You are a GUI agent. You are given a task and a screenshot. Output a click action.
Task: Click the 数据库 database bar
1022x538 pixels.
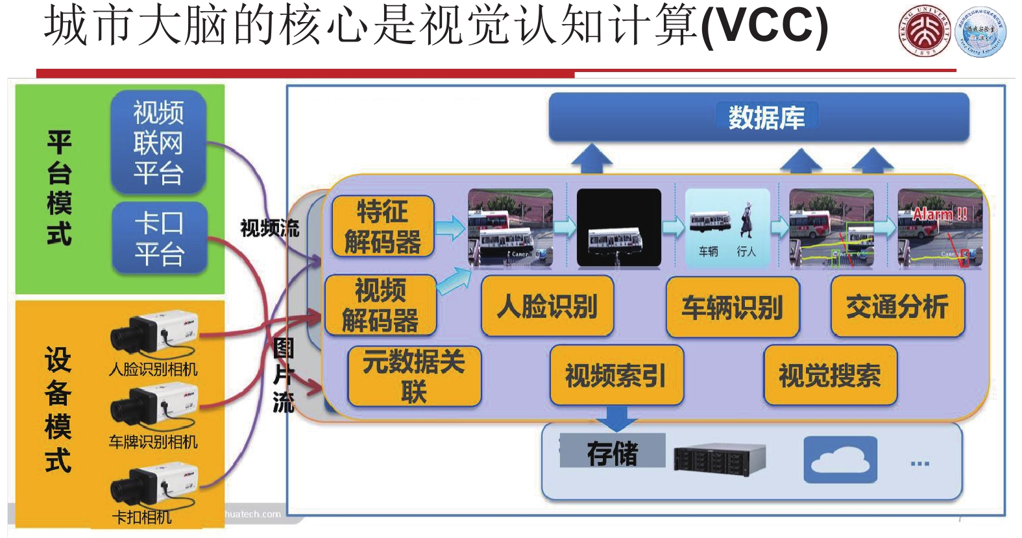759,117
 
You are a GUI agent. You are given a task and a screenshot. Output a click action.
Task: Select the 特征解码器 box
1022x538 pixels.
382,226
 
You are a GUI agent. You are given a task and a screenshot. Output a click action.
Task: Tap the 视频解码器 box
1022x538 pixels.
380,305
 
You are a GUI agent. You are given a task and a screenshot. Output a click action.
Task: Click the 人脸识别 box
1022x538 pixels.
547,306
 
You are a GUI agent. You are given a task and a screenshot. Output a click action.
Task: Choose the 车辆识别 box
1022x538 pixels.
732,307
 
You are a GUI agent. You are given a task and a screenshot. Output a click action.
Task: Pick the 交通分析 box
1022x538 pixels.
897,306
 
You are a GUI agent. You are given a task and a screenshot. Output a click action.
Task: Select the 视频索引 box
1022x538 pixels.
616,376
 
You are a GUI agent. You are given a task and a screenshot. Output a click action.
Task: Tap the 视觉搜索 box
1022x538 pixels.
830,376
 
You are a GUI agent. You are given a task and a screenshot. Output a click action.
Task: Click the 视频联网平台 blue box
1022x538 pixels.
158,143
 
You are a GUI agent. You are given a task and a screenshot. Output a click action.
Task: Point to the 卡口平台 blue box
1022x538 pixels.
159,238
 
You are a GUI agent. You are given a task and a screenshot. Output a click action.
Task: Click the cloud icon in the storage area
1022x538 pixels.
840,459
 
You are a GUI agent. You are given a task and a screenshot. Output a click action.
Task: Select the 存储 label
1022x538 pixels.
612,452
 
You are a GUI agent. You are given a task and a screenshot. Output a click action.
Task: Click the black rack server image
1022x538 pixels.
720,458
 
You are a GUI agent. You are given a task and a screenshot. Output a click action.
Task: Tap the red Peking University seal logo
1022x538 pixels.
923,31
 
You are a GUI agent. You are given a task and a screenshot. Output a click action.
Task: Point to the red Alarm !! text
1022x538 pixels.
940,214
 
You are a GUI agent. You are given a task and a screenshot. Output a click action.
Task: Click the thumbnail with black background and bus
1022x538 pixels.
618,227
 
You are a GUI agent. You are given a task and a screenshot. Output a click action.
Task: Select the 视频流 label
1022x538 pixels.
269,228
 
